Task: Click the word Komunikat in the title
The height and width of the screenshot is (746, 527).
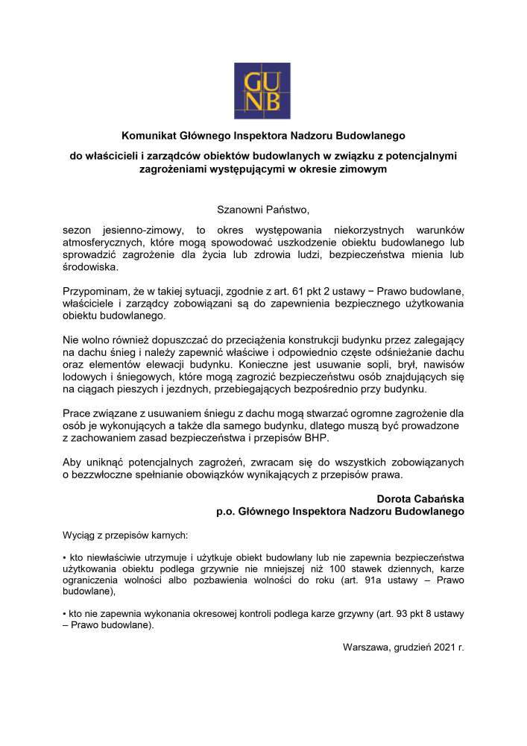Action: click(147, 136)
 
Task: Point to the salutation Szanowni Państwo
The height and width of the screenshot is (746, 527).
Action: click(262, 210)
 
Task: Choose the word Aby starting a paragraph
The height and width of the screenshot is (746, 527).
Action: click(74, 462)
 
